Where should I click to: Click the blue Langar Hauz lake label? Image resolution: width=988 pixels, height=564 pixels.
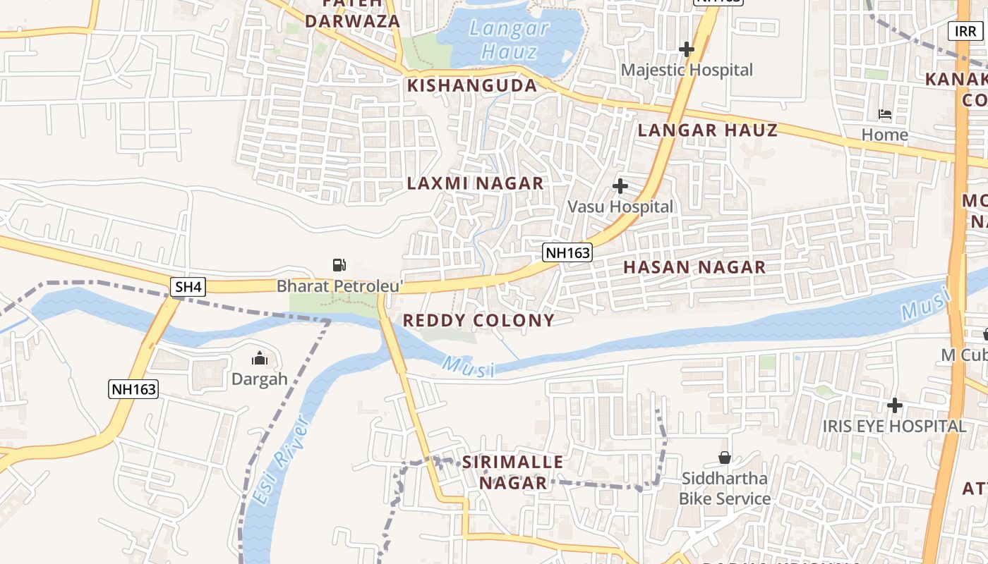pyautogui.click(x=509, y=39)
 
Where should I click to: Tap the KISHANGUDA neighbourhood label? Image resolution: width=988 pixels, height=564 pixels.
pyautogui.click(x=472, y=86)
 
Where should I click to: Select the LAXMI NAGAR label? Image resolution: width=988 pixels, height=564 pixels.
pyautogui.click(x=476, y=183)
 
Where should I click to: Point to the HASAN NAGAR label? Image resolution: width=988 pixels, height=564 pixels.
pyautogui.click(x=694, y=267)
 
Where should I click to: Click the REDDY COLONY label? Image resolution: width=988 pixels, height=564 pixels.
pyautogui.click(x=478, y=320)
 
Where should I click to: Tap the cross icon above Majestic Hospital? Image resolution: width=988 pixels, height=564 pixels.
pyautogui.click(x=687, y=49)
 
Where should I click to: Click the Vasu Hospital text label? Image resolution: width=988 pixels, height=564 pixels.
pyautogui.click(x=621, y=207)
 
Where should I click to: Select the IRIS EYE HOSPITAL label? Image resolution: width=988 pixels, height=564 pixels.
pyautogui.click(x=894, y=427)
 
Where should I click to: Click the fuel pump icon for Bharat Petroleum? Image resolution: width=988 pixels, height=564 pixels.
pyautogui.click(x=339, y=265)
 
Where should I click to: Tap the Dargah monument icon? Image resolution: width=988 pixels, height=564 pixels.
pyautogui.click(x=260, y=359)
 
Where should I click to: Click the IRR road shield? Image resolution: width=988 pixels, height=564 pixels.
pyautogui.click(x=965, y=32)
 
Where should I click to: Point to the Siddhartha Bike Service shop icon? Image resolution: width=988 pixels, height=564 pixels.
pyautogui.click(x=724, y=458)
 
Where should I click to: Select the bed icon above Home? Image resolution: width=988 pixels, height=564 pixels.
pyautogui.click(x=884, y=114)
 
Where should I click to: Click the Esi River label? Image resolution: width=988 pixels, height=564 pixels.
pyautogui.click(x=281, y=460)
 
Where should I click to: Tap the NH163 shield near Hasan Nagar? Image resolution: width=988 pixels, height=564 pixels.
pyautogui.click(x=567, y=252)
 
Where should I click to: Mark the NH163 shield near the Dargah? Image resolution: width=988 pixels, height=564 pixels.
pyautogui.click(x=133, y=388)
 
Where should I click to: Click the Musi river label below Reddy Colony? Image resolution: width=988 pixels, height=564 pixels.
pyautogui.click(x=469, y=367)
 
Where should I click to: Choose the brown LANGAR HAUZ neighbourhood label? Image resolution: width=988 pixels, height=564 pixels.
pyautogui.click(x=707, y=130)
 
